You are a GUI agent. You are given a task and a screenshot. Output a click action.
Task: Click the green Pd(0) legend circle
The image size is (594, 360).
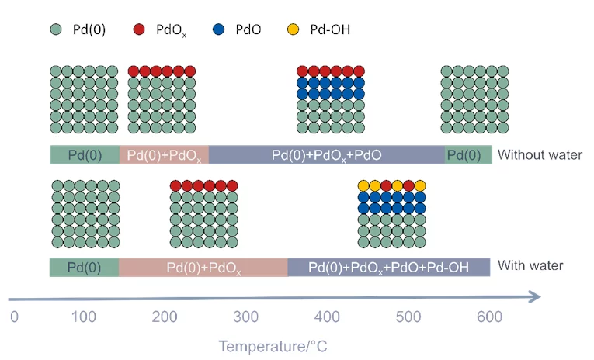click(56, 31)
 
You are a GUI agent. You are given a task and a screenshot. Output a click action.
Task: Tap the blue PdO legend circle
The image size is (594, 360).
click(221, 31)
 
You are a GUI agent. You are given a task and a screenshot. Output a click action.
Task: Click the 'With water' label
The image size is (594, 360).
click(530, 267)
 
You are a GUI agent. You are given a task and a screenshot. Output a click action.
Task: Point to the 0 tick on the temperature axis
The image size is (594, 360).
click(13, 317)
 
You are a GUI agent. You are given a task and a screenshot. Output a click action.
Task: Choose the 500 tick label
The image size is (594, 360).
click(407, 317)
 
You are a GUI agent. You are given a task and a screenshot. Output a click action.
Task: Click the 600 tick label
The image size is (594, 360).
click(488, 317)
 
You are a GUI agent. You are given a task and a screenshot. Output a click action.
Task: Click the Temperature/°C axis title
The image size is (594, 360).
click(273, 346)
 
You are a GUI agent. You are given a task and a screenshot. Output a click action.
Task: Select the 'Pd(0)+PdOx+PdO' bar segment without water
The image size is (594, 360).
click(326, 154)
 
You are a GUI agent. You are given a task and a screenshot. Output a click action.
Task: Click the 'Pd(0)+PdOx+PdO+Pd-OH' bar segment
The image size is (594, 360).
click(388, 268)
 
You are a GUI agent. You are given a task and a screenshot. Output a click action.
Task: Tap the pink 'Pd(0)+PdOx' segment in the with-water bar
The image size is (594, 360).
click(203, 268)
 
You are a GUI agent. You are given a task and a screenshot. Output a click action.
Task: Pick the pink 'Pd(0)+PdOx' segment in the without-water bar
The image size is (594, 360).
click(164, 154)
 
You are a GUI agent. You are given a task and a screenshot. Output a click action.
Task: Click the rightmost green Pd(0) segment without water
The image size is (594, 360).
click(467, 154)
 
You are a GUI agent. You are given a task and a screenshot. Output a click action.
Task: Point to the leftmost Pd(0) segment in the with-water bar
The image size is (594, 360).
click(84, 268)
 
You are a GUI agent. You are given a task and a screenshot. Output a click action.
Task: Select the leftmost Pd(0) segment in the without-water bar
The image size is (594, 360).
click(85, 154)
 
